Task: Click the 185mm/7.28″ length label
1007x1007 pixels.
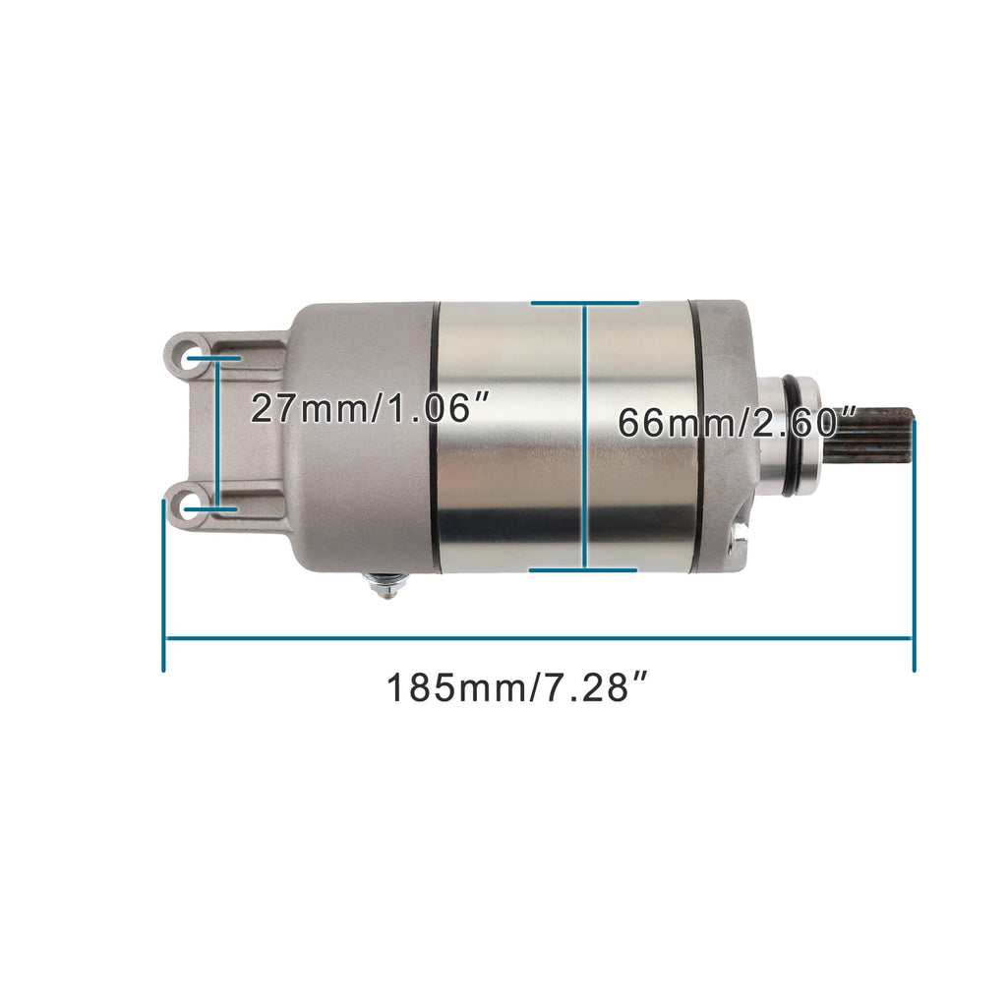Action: click(x=519, y=687)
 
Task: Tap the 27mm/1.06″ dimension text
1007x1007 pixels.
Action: click(x=370, y=407)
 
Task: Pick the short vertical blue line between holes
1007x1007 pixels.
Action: click(x=217, y=434)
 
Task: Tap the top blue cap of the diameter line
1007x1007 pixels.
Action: click(x=584, y=303)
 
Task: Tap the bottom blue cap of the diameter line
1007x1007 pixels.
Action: click(x=584, y=568)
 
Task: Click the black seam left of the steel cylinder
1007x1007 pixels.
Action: click(x=435, y=437)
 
